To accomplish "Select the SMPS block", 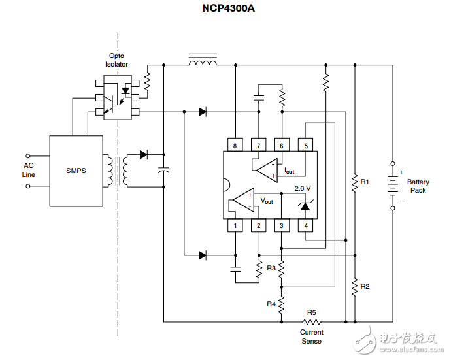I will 76,171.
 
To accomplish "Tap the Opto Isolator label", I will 117,60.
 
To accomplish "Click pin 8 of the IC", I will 235,145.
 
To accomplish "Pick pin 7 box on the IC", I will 258,145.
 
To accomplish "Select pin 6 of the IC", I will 282,145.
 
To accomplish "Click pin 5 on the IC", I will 305,145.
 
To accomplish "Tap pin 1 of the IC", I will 235,226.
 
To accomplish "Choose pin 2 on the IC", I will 258,226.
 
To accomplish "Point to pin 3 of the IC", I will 282,226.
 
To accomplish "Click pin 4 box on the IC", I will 305,226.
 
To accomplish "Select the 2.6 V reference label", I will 302,188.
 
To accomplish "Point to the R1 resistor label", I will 365,181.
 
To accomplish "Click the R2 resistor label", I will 365,287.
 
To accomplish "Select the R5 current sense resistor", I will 312,322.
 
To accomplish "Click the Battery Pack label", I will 418,186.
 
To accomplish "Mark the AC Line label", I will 29,170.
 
